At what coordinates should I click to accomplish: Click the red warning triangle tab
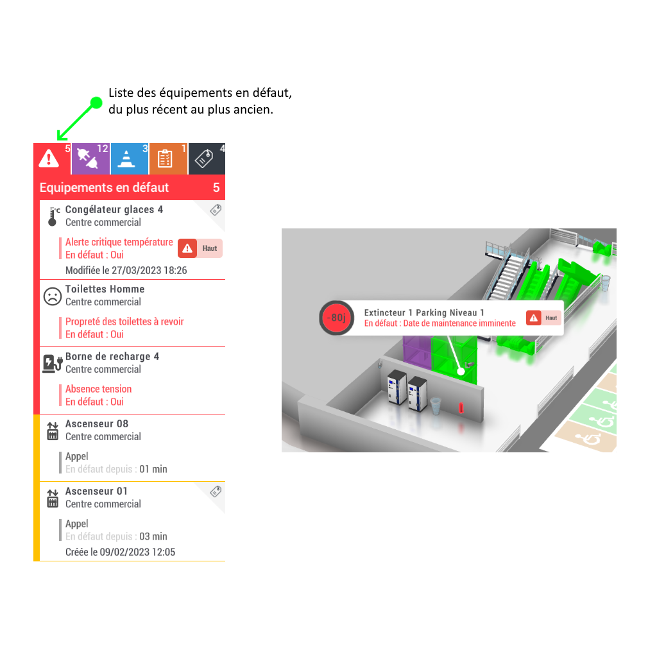click(x=53, y=159)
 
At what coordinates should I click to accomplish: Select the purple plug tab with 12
click(x=90, y=159)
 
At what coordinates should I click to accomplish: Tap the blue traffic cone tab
click(x=130, y=159)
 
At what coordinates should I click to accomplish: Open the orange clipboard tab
click(x=168, y=159)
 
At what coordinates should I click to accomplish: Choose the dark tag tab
click(x=207, y=159)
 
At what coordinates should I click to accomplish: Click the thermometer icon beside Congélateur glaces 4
click(x=53, y=216)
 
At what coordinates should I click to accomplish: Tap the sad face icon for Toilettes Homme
click(x=53, y=296)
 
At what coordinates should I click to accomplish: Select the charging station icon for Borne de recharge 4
click(x=53, y=363)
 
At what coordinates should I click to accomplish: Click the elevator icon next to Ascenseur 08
click(x=53, y=431)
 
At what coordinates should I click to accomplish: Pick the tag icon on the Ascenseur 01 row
click(x=216, y=491)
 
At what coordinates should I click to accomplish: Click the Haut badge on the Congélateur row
click(x=200, y=248)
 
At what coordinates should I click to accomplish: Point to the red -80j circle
click(x=336, y=318)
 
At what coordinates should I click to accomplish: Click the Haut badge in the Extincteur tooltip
click(x=543, y=318)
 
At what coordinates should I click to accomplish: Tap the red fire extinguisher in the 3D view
click(x=461, y=407)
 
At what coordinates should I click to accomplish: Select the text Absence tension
click(x=98, y=389)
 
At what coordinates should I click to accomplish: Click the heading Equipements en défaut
click(x=104, y=187)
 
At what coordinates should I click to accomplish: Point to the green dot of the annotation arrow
click(x=96, y=103)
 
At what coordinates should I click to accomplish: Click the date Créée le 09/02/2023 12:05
click(x=120, y=552)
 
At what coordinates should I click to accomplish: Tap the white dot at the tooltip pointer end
click(x=461, y=371)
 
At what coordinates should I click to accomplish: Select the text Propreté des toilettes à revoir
click(x=124, y=321)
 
